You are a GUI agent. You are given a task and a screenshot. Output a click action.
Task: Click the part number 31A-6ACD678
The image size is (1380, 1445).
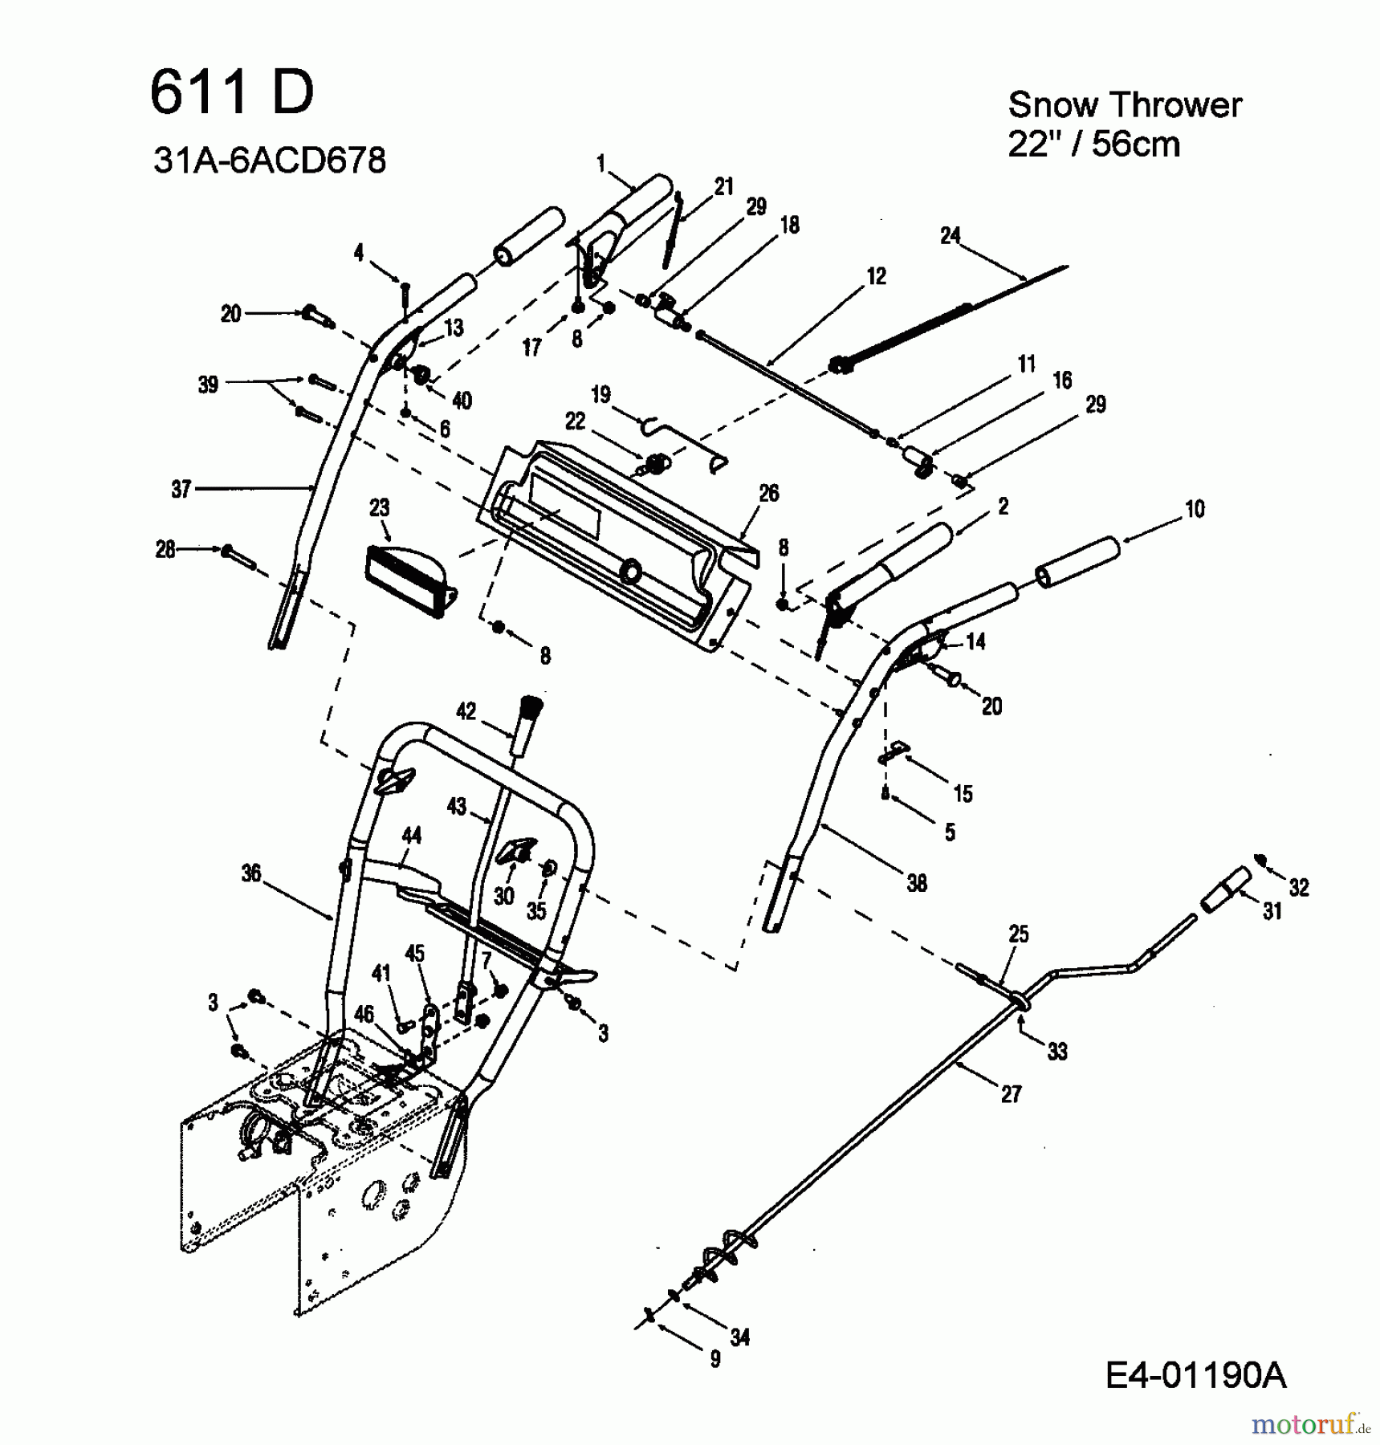[x=270, y=161]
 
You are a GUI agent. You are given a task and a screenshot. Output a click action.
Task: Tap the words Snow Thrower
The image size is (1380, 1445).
[x=1124, y=105]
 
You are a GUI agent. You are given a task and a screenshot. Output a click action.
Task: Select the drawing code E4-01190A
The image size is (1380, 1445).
[x=1195, y=1375]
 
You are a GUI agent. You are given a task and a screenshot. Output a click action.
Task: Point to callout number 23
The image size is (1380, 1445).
[x=379, y=507]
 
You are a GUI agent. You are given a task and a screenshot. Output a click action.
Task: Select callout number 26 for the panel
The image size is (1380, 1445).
[x=768, y=493]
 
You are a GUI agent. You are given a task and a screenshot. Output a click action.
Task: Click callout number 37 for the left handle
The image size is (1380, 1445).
[x=181, y=488]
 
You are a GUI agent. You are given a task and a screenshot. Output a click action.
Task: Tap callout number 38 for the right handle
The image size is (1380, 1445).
[x=917, y=883]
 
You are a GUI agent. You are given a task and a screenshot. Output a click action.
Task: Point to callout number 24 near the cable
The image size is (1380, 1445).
[x=951, y=235]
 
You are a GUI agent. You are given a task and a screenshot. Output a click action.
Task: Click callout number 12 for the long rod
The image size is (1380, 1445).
[x=876, y=276]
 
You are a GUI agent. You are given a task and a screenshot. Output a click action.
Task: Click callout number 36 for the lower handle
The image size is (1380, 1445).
[x=251, y=873]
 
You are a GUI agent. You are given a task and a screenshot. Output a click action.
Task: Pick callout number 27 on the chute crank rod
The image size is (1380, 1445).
[x=1011, y=1093]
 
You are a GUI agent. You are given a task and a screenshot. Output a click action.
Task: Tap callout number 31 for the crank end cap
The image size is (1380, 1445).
[x=1272, y=910]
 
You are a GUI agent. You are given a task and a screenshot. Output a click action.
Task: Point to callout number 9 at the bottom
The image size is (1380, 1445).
[x=714, y=1358]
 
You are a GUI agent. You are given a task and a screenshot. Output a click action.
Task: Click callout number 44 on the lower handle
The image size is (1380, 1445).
[x=411, y=836]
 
